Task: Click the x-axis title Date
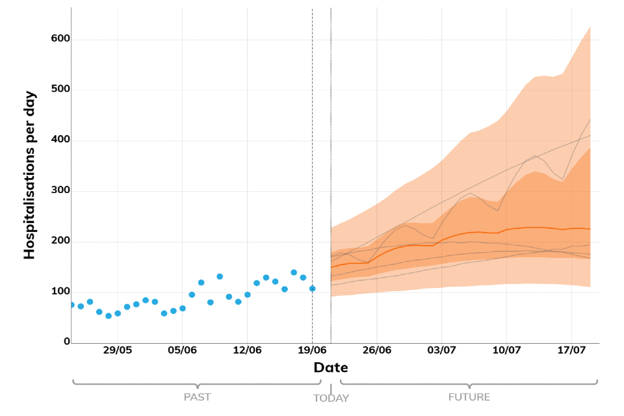331,368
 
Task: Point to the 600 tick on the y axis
60,40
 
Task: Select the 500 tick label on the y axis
60,90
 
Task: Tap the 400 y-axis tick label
60,140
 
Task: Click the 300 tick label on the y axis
60,191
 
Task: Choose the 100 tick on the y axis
60,292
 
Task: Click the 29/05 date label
118,350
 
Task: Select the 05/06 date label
183,350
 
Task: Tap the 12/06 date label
248,350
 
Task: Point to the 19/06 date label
312,350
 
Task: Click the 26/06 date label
377,350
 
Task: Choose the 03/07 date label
441,350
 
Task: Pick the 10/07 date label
506,350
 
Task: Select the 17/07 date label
571,350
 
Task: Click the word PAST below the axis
197,396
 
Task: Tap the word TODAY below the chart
331,398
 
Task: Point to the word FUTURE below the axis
469,396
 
